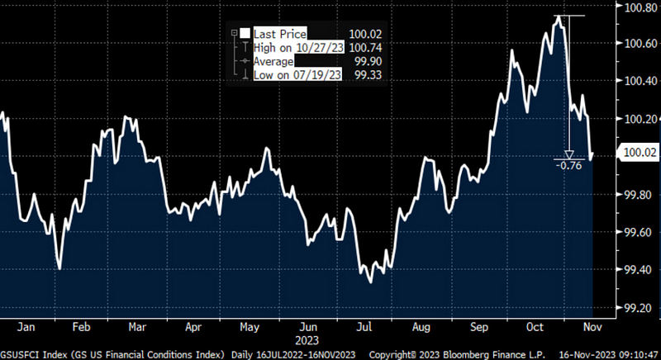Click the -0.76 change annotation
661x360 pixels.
569,165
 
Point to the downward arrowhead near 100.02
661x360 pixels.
568,154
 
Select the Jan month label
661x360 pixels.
25,325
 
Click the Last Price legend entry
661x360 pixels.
279,34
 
